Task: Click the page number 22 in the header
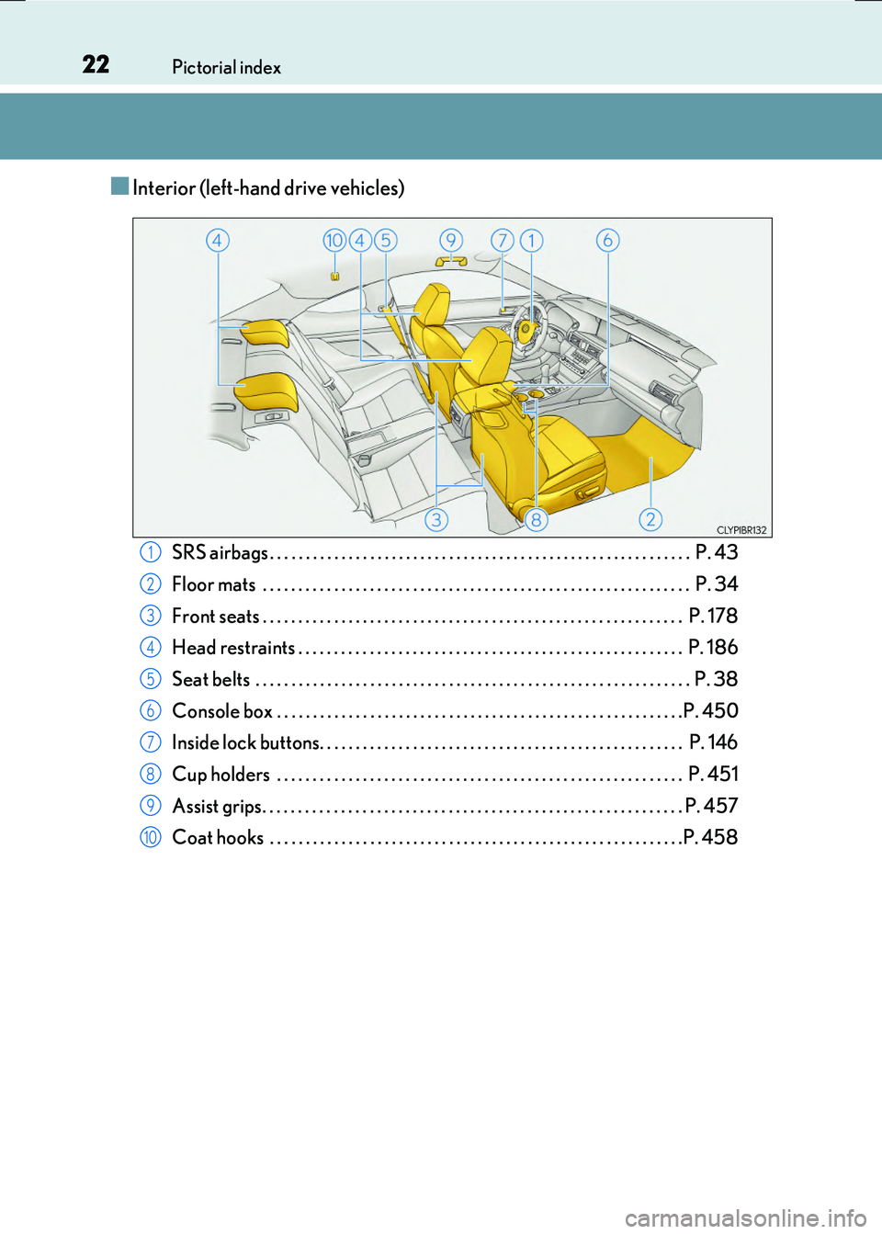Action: (96, 64)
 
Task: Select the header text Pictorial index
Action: (226, 67)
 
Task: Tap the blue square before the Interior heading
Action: (119, 187)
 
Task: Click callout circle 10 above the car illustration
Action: (334, 240)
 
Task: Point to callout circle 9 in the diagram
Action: (450, 240)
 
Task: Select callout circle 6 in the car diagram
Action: (607, 240)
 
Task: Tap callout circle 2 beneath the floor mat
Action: (650, 519)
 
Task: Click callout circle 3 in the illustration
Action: (436, 519)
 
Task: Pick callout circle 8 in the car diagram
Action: (536, 519)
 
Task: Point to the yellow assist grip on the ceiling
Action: (451, 262)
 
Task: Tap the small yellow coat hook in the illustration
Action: (335, 276)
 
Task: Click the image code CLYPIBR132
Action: (741, 530)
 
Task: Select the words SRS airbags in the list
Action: (220, 552)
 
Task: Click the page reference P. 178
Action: (713, 616)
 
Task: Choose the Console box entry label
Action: (222, 711)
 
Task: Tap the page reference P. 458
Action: (710, 837)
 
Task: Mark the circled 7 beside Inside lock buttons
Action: (151, 742)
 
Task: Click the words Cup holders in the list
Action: (221, 775)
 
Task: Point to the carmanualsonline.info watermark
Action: (745, 1218)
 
